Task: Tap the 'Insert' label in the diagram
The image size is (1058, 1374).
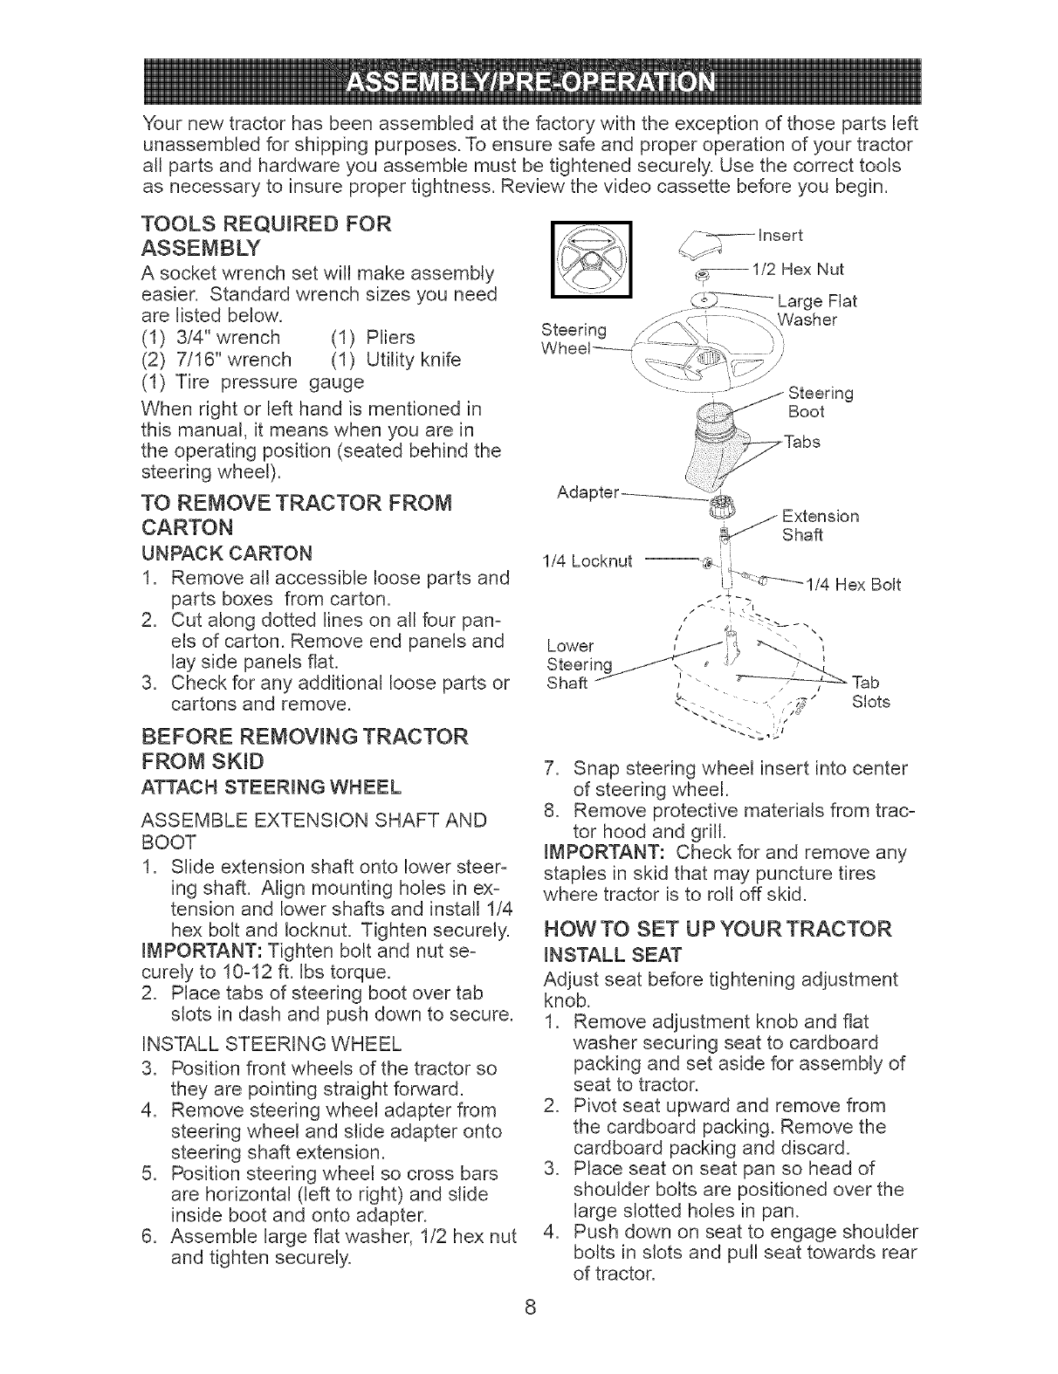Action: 781,236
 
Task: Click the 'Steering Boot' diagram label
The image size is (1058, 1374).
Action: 820,402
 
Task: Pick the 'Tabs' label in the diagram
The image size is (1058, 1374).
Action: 802,442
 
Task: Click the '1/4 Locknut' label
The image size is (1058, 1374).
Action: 588,560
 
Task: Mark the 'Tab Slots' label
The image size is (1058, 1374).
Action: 870,691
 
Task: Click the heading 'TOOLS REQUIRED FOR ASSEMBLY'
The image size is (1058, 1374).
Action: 266,237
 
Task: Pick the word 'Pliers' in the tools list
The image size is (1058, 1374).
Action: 390,337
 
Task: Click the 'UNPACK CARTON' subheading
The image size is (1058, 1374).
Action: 226,553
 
